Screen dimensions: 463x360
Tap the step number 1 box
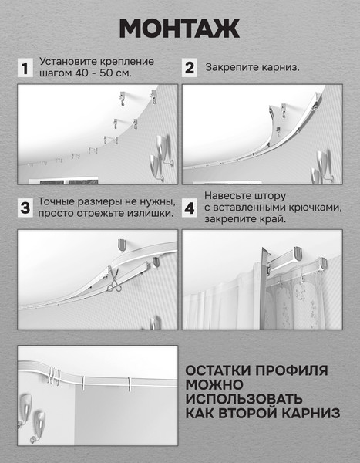[x=25, y=68]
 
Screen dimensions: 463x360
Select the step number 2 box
[x=190, y=68]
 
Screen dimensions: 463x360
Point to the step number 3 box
[x=25, y=208]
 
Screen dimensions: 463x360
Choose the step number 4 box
[x=190, y=208]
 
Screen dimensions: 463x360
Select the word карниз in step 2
[x=280, y=67]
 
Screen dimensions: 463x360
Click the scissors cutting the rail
[x=115, y=279]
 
